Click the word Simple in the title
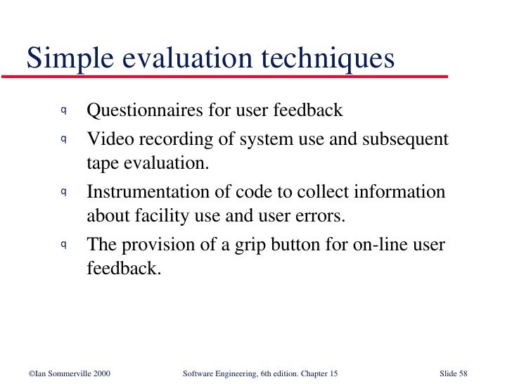[60, 58]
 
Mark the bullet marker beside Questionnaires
[63, 110]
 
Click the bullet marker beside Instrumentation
[63, 191]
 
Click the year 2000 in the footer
[98, 373]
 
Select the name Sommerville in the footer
[63, 373]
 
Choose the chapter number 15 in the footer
[333, 373]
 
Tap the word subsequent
[405, 139]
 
